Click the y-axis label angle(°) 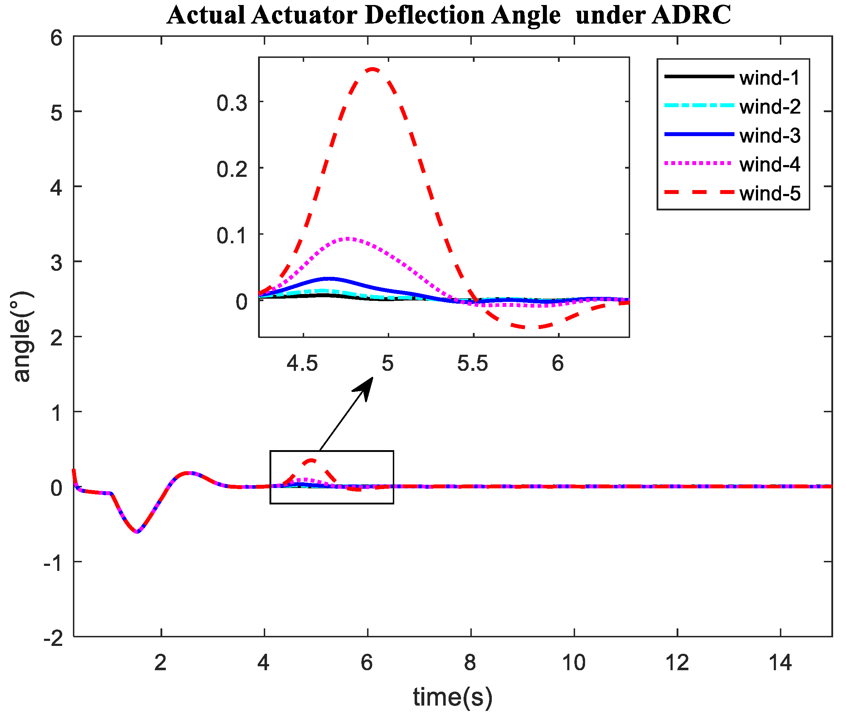click(x=23, y=337)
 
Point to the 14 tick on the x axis click(x=780, y=663)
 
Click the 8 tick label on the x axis click(x=470, y=663)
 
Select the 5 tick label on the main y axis click(x=56, y=113)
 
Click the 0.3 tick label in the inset click(x=232, y=103)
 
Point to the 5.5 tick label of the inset click(x=473, y=363)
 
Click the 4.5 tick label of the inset click(x=302, y=363)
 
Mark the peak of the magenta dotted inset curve click(x=349, y=239)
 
